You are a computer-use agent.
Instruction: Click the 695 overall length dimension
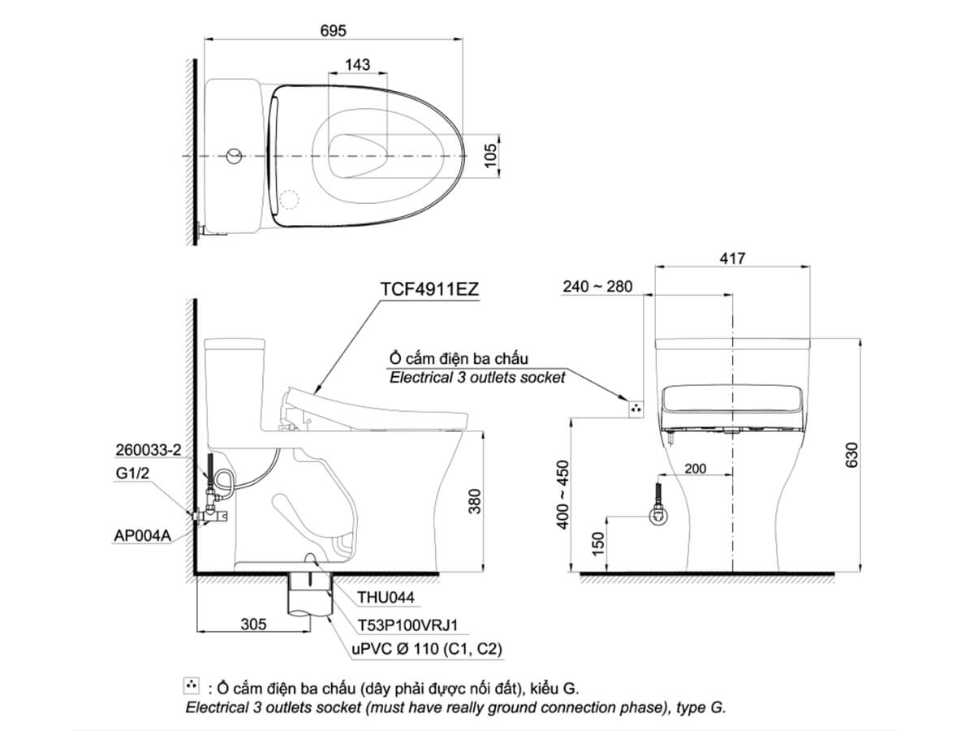[x=333, y=30]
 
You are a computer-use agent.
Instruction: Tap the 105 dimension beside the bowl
[x=489, y=154]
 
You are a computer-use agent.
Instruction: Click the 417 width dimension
[x=732, y=257]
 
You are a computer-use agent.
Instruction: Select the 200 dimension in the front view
[x=696, y=469]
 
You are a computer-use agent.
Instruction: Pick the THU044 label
[x=386, y=598]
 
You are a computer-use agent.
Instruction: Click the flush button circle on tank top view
[x=235, y=154]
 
